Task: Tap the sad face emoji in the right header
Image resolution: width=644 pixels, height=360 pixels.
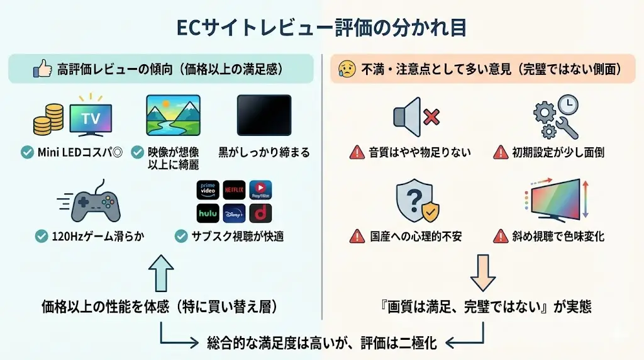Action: point(346,69)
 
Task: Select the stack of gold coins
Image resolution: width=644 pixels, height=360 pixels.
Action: point(49,119)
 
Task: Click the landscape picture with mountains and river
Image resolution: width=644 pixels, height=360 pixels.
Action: point(173,115)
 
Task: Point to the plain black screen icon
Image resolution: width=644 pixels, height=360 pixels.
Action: point(264,115)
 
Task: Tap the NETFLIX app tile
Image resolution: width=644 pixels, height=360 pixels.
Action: point(235,189)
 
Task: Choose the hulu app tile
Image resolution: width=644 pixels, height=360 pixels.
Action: point(208,213)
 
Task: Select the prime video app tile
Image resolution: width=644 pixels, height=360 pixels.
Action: point(208,189)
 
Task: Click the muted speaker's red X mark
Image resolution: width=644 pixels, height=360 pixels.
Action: point(431,117)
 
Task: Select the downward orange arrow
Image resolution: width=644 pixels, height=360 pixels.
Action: point(484,272)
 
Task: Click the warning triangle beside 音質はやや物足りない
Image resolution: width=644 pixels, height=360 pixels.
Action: point(357,152)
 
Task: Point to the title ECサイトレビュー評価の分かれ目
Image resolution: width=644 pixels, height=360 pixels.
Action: point(321,29)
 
